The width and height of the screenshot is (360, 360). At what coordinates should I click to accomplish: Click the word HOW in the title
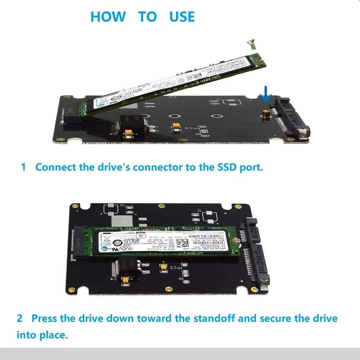coord(108,17)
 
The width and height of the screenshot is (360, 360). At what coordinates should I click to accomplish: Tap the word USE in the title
coord(182,17)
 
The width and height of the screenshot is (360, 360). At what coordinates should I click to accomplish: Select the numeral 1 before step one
coord(23,167)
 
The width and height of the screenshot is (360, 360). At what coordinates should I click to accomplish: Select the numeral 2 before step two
coord(20,319)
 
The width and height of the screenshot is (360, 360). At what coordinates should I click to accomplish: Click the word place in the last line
coord(53,335)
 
